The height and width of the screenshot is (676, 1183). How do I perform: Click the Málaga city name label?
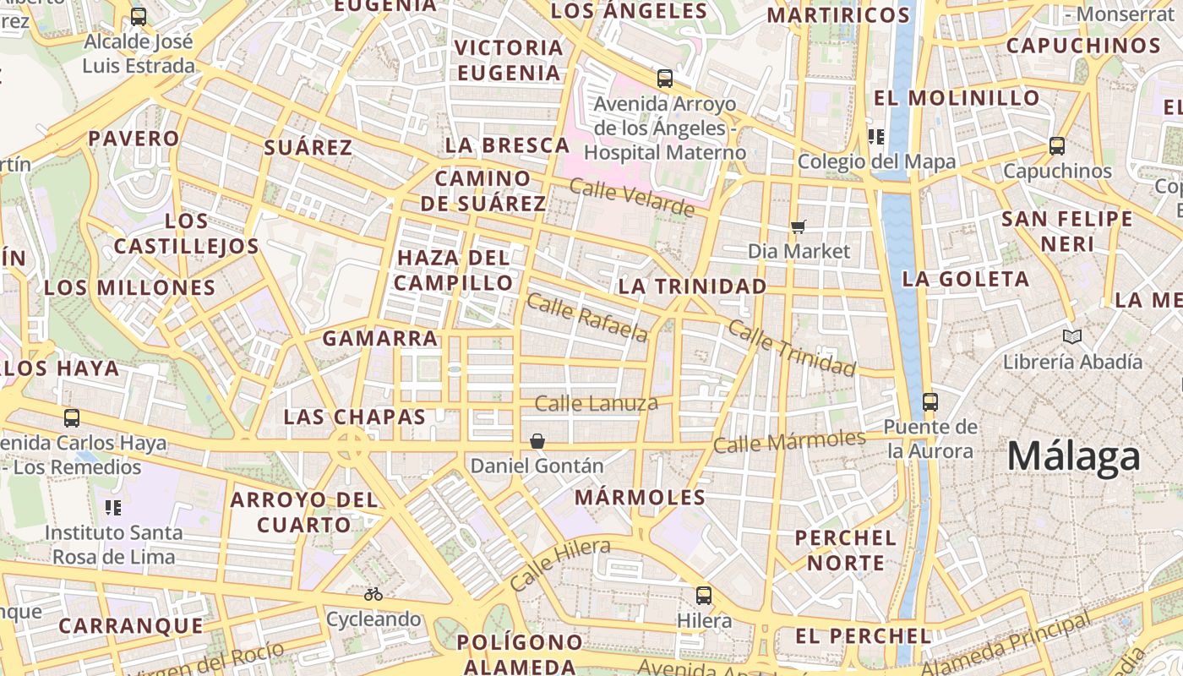1073,457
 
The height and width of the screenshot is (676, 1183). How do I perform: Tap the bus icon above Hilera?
703,596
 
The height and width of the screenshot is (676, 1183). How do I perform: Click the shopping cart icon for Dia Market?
799,226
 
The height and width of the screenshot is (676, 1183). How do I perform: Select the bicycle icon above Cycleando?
373,594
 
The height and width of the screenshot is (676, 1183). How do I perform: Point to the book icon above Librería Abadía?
1072,337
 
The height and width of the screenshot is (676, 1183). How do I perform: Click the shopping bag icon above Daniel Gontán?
537,441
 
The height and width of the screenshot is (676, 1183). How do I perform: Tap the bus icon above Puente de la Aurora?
930,402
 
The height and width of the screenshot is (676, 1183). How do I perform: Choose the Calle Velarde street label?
631,197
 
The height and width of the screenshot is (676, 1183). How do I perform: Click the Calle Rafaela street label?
587,318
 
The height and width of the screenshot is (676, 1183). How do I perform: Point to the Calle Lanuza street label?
596,404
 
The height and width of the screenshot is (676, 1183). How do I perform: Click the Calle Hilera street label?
559,564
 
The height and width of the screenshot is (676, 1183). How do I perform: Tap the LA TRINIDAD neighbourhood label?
692,286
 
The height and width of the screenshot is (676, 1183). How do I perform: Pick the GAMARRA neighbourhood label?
380,339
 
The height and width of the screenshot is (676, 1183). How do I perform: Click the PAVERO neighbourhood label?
134,139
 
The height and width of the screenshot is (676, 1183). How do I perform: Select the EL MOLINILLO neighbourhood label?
957,98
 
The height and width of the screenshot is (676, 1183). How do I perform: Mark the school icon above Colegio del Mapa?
875,136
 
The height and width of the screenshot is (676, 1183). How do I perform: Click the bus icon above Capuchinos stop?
1056,146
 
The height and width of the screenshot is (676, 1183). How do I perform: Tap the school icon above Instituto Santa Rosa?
113,508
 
